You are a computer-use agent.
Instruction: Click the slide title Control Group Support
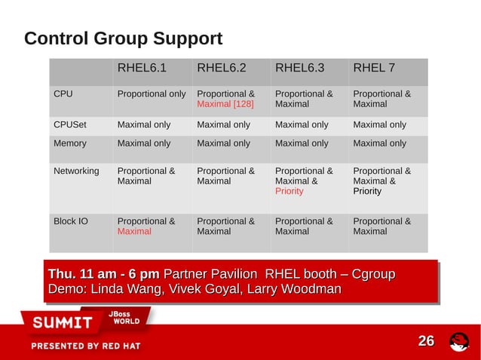[x=123, y=38]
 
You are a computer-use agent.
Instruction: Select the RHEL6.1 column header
[x=142, y=69]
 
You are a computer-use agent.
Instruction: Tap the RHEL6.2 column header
[x=222, y=69]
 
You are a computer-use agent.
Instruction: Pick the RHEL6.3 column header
[x=300, y=69]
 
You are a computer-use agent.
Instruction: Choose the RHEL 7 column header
[x=374, y=69]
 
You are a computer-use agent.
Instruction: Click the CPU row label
[x=63, y=95]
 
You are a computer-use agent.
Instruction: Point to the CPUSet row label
[x=69, y=125]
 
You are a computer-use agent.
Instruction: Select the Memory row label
[x=70, y=143]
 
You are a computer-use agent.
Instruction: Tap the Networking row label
[x=76, y=171]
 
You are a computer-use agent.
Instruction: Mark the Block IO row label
[x=71, y=221]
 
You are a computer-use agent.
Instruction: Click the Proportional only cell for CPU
[x=152, y=95]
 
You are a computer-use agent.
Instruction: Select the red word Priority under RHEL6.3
[x=290, y=191]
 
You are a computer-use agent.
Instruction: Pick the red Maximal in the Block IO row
[x=134, y=232]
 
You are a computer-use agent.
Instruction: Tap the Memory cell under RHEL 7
[x=379, y=143]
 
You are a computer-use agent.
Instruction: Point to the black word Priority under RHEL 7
[x=367, y=191]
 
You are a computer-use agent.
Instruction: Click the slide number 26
[x=426, y=342]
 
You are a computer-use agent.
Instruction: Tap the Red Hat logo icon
[x=458, y=342]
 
